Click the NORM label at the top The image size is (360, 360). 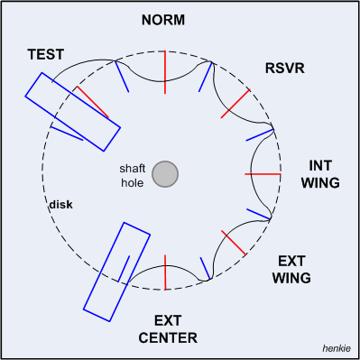click(164, 20)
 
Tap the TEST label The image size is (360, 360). click(45, 55)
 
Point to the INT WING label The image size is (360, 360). click(323, 174)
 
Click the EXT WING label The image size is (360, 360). click(291, 269)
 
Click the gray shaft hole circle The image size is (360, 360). click(164, 174)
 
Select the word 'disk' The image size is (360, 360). click(60, 205)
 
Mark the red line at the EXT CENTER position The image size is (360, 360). click(165, 272)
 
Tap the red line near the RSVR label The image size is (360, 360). click(235, 104)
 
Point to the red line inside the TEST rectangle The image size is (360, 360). click(93, 103)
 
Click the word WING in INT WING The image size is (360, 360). click(323, 183)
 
